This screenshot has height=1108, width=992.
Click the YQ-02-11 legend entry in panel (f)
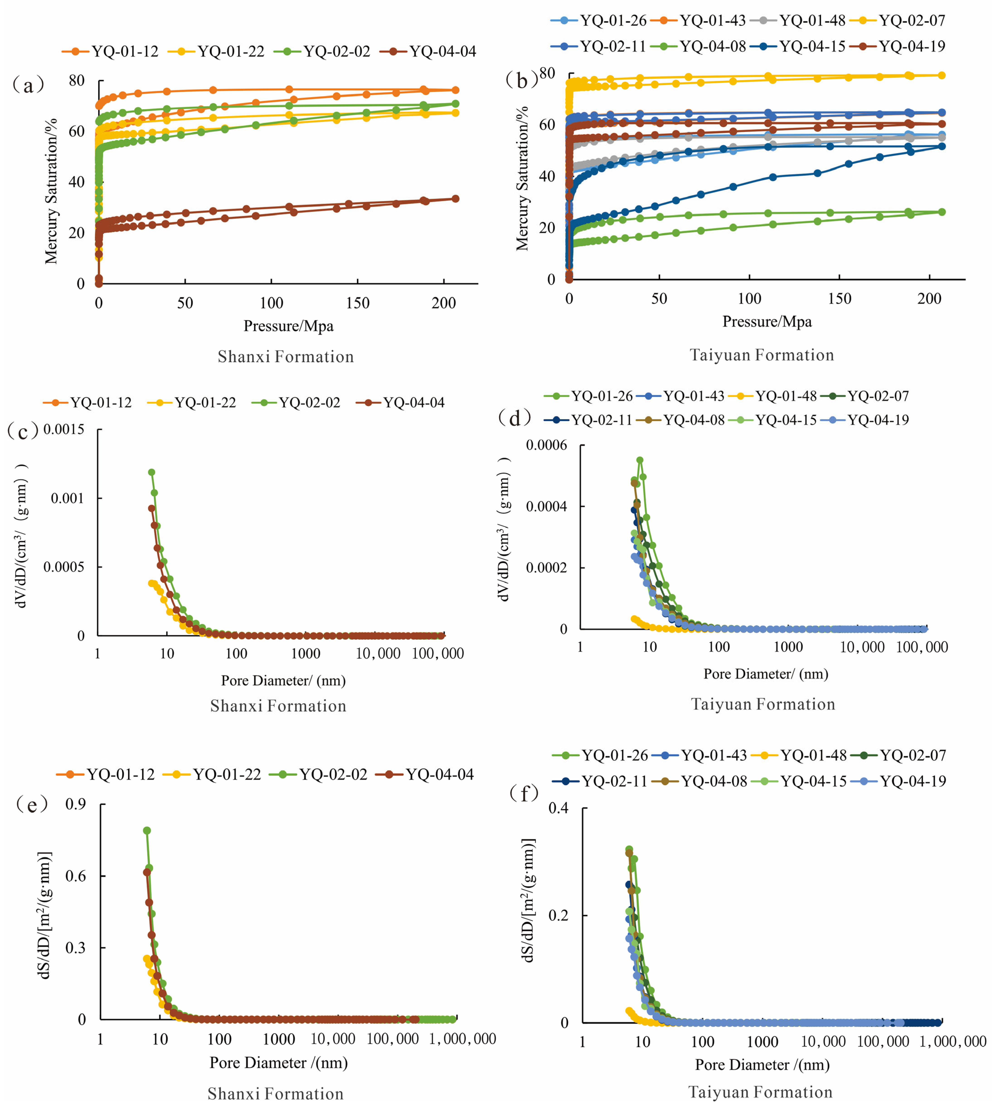point(600,781)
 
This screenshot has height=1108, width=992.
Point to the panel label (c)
point(23,432)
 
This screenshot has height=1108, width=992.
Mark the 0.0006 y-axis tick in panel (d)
point(546,445)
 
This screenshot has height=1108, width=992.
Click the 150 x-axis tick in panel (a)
point(357,303)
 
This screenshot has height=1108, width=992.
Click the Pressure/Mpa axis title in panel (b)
point(767,322)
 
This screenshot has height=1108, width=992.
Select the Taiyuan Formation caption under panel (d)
point(763,704)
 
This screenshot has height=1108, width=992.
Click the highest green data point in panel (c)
point(151,472)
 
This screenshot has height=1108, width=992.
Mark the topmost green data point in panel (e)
point(147,831)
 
